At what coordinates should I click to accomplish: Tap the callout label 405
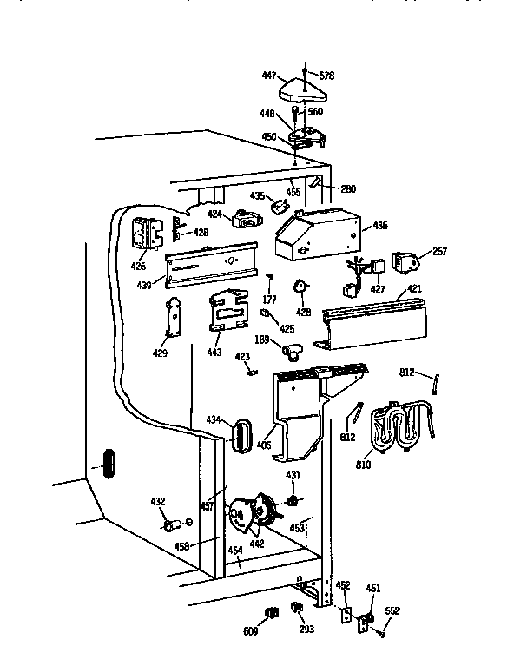(x=264, y=445)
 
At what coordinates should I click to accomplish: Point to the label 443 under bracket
(x=214, y=353)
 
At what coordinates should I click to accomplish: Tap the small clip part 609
(x=269, y=614)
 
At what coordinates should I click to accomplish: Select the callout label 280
(x=347, y=188)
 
